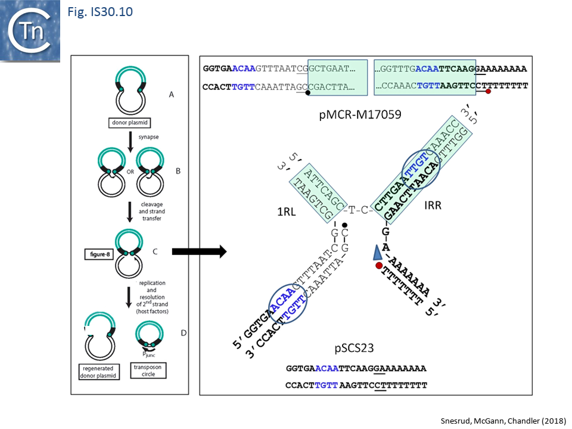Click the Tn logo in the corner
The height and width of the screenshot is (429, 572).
31,31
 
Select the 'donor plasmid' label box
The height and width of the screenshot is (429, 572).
129,124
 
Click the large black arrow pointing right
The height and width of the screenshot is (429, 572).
199,252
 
